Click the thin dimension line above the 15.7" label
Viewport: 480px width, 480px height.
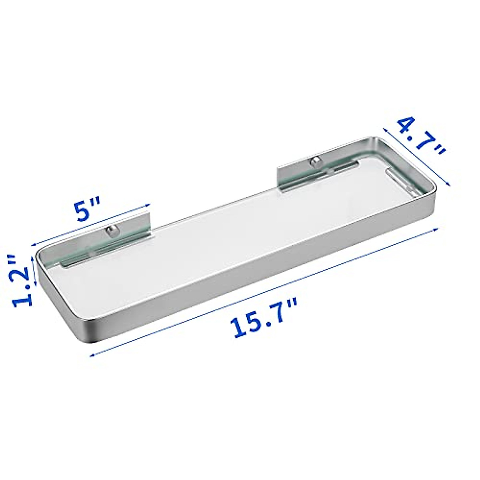click(264, 291)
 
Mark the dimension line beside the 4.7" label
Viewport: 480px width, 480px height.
click(416, 156)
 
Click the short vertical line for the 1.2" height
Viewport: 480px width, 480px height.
click(35, 271)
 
